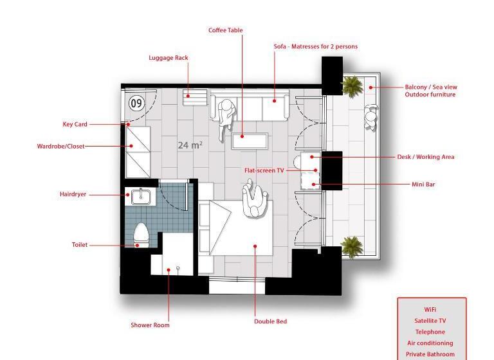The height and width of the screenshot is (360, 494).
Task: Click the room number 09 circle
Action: click(x=136, y=103)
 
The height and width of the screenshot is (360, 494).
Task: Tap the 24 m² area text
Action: click(x=190, y=145)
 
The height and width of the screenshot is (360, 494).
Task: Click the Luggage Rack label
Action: click(x=169, y=58)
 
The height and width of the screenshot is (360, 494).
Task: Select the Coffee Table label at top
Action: click(x=225, y=30)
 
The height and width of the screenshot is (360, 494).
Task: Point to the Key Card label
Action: click(x=75, y=125)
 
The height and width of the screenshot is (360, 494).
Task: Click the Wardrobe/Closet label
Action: click(x=60, y=147)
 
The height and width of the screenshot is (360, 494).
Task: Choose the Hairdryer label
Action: click(x=73, y=194)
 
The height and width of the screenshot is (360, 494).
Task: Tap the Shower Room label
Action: click(x=150, y=325)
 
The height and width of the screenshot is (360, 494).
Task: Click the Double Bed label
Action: click(x=270, y=321)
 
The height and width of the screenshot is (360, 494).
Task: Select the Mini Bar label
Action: click(x=423, y=184)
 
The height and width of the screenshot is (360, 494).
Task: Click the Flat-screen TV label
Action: click(x=264, y=171)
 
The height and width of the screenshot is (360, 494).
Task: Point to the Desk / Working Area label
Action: click(x=425, y=157)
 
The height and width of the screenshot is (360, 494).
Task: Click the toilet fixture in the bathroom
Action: click(x=142, y=235)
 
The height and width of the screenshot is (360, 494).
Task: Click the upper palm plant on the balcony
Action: click(x=352, y=85)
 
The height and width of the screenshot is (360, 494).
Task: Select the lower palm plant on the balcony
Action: click(x=351, y=246)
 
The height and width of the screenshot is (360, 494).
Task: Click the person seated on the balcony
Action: click(x=371, y=118)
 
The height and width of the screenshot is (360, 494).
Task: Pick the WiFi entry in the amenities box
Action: click(x=430, y=310)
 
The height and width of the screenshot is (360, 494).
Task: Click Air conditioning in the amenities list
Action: click(x=430, y=343)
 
